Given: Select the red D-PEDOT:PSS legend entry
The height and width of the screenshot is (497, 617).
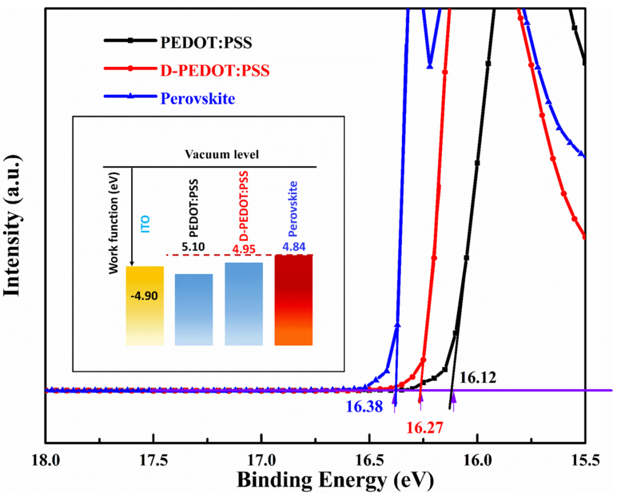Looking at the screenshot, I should [215, 70].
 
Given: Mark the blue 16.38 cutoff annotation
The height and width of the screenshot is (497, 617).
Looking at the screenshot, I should [364, 406].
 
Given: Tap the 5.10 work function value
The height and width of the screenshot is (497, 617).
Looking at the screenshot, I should [193, 247].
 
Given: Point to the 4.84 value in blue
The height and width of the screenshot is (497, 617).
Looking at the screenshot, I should [294, 247].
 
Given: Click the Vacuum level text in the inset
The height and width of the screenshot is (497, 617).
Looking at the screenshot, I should [222, 154].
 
